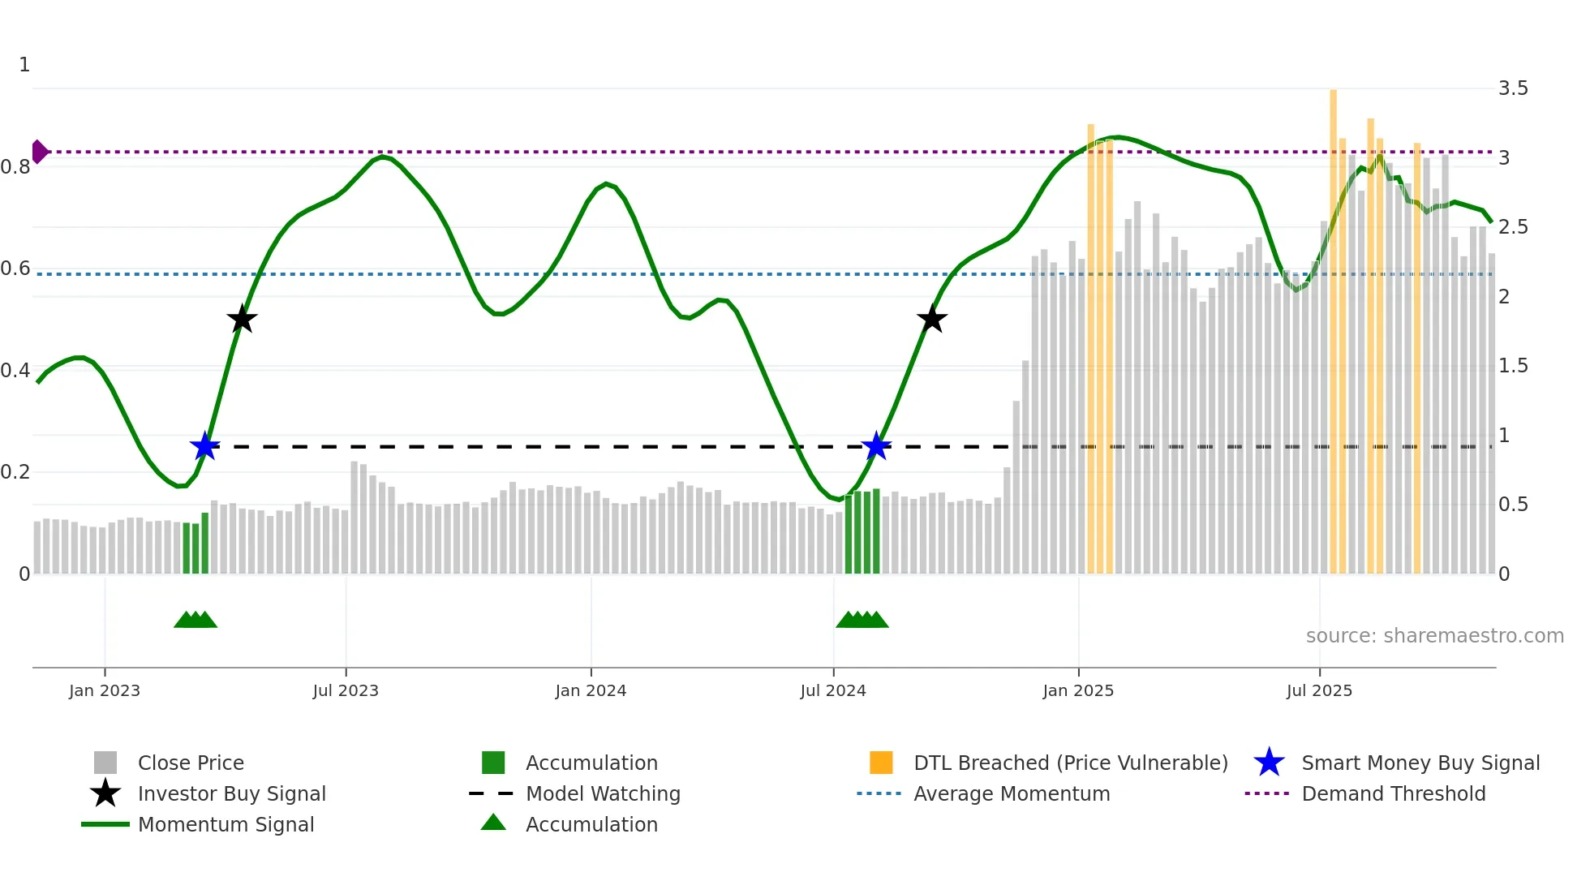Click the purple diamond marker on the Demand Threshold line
pyautogui.click(x=39, y=152)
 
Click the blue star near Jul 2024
pyautogui.click(x=876, y=446)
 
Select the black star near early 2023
pyautogui.click(x=242, y=320)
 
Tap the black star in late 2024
pyautogui.click(x=932, y=319)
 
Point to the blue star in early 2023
pyautogui.click(x=205, y=446)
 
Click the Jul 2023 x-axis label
pyautogui.click(x=346, y=690)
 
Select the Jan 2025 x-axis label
pyautogui.click(x=1078, y=690)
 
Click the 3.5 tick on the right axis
pyautogui.click(x=1513, y=88)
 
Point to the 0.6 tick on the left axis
pyautogui.click(x=15, y=269)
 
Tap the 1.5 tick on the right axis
pyautogui.click(x=1513, y=366)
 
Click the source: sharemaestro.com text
pyautogui.click(x=1434, y=636)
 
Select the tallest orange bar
pyautogui.click(x=1333, y=325)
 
